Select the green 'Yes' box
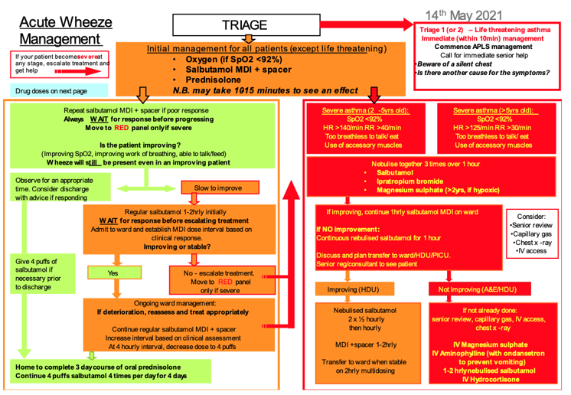(113, 273)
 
